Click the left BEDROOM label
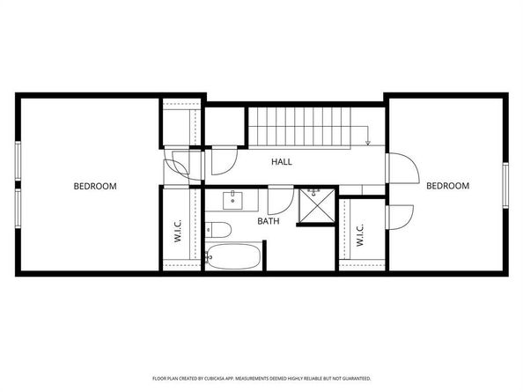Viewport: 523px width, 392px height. coord(95,186)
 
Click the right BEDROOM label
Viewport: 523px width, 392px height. coord(447,186)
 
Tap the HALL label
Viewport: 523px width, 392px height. coord(282,162)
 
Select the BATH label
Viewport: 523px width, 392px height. coord(269,221)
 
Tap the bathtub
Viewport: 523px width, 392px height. coord(232,259)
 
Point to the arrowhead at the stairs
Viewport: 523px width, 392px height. coord(368,142)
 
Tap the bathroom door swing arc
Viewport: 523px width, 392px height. coord(280,198)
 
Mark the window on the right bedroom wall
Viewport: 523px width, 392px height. coord(505,187)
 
